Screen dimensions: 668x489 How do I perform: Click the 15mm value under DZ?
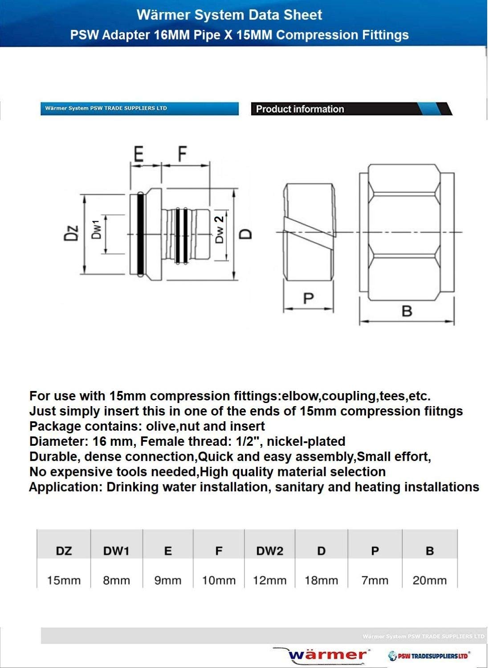point(64,580)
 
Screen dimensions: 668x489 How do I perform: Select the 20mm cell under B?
point(429,580)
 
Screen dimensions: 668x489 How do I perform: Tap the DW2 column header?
point(269,551)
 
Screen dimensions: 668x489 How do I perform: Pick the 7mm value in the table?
point(375,580)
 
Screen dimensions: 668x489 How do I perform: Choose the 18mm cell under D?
point(321,580)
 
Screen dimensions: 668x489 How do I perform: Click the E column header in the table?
point(168,551)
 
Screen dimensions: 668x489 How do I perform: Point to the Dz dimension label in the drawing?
point(71,233)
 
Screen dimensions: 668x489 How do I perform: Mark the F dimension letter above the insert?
point(182,154)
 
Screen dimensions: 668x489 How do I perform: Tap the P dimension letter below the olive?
point(308,298)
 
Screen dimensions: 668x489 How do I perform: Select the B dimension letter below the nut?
point(407,311)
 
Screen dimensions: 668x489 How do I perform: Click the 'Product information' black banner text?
point(300,109)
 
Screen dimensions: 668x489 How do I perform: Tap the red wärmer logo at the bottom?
point(327,655)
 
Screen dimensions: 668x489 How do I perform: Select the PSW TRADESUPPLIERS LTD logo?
point(429,656)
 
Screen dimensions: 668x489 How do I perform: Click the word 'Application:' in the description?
point(66,487)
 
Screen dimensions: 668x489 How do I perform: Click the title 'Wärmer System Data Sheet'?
point(229,15)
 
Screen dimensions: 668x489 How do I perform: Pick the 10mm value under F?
point(219,580)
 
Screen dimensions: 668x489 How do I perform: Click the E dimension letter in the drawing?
point(139,154)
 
